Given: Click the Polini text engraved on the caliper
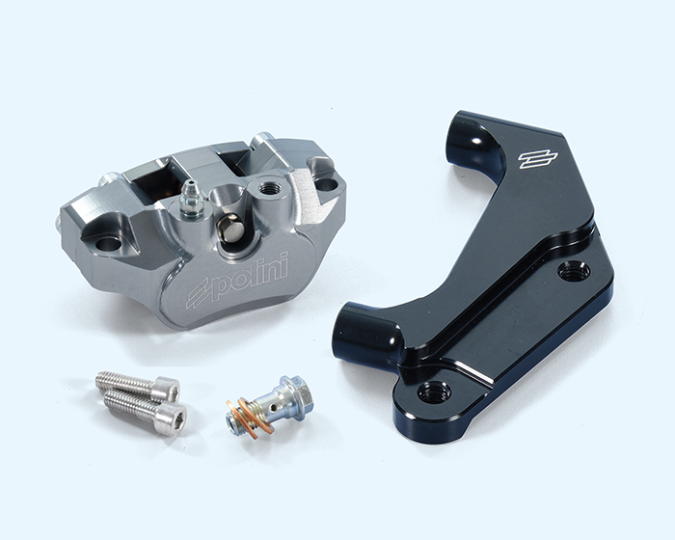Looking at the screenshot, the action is (250, 275).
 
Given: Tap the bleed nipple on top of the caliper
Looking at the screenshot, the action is (189, 198).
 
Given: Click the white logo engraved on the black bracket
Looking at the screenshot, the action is (538, 158).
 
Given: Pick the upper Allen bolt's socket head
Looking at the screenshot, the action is (166, 388).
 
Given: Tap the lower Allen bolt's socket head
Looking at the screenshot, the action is (173, 417).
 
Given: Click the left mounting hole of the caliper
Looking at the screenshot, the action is (108, 243).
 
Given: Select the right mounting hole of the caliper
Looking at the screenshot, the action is (328, 184).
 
